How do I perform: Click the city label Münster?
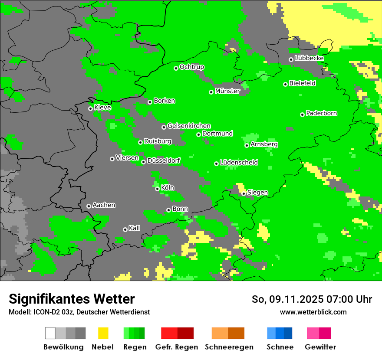tap(227, 91)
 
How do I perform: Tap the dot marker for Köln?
tap(157, 189)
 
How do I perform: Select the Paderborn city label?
tap(322, 113)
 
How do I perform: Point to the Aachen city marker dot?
tap(89, 206)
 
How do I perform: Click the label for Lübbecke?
tap(309, 58)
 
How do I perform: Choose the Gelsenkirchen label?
tap(189, 126)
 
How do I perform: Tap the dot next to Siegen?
tap(244, 193)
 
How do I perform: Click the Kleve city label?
tap(102, 108)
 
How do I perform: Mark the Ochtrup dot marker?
tap(176, 68)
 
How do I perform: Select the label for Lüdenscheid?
tap(239, 163)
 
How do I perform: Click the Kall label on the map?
tap(135, 228)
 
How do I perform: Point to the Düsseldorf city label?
tap(164, 160)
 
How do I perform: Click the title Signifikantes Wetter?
tap(72, 299)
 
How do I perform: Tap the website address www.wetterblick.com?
tap(313, 312)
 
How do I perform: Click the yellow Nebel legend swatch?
tap(103, 333)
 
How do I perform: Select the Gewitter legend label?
tap(320, 347)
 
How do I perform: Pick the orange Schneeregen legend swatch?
tap(220, 333)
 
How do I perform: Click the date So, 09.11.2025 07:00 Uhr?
tap(312, 299)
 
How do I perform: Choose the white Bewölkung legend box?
tap(50, 333)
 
